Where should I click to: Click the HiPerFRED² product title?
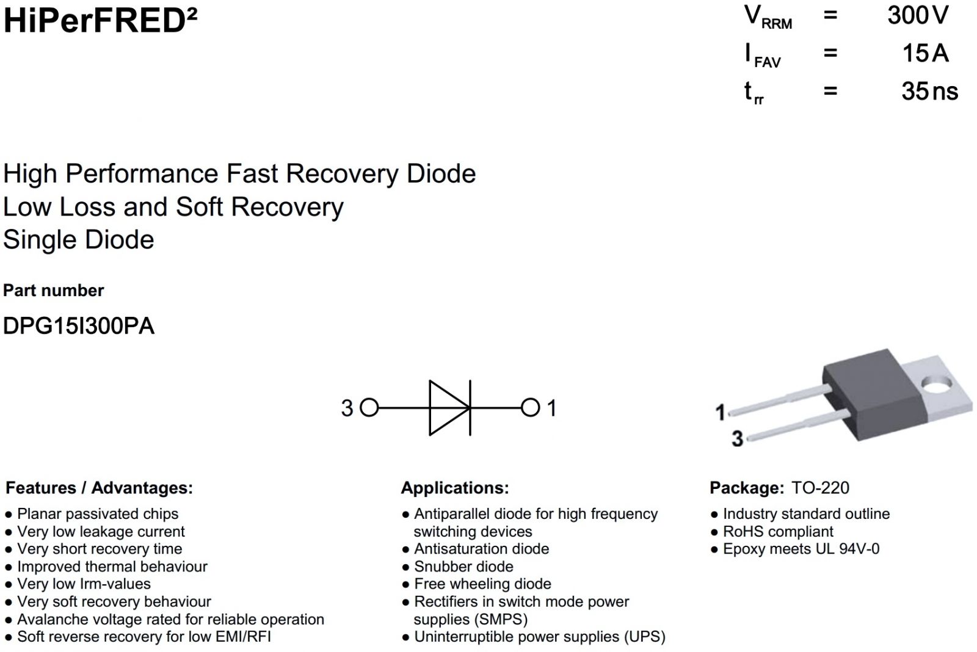100,21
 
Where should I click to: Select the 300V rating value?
918,16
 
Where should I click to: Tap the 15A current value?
925,54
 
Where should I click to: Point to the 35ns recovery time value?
929,92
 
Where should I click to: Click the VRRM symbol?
768,17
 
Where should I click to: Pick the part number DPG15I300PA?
79,326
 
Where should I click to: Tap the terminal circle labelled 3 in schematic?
369,408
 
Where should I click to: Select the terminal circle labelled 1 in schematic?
530,408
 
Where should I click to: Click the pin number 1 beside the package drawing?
721,413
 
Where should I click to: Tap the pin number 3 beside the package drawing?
738,438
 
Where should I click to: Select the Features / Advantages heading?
99,488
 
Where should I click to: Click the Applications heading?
455,488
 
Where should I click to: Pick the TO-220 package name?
820,488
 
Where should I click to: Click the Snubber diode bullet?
463,567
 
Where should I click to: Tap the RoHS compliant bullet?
778,532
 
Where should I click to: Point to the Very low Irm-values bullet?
84,584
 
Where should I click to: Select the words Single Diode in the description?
79,240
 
